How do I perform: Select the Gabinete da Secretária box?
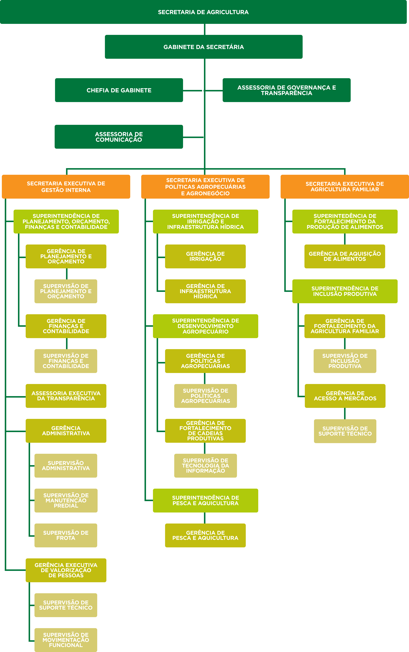204,47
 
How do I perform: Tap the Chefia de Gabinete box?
119,90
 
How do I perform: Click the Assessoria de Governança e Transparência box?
286,90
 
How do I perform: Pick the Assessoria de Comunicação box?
119,137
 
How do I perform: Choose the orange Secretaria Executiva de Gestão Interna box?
66,187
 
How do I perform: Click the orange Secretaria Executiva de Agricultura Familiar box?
345,187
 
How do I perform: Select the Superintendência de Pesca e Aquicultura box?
206,500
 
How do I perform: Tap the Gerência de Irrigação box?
205,256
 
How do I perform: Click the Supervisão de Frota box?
66,535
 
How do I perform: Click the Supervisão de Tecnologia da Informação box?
206,466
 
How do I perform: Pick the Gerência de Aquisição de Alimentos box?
345,256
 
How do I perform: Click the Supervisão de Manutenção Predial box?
66,500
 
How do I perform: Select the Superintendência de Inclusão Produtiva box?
345,291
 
